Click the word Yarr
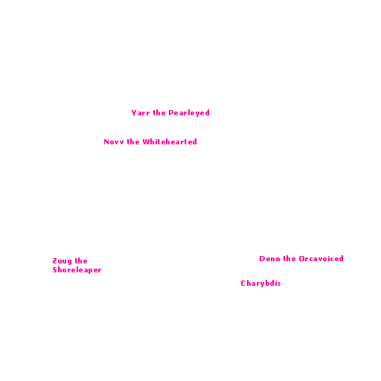(x=141, y=113)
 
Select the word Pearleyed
(x=189, y=113)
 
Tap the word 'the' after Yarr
(x=159, y=113)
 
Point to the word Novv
(x=114, y=142)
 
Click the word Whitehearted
(x=170, y=142)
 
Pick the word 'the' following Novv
(x=133, y=142)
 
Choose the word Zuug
(x=62, y=261)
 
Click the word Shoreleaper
(x=77, y=270)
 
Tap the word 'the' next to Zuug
(x=81, y=261)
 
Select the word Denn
(x=269, y=259)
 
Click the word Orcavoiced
(x=321, y=259)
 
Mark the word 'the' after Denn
(x=289, y=259)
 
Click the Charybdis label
(x=260, y=284)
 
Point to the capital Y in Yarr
(x=134, y=113)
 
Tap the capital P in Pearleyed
(x=171, y=113)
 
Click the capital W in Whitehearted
(x=146, y=142)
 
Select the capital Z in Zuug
(x=54, y=261)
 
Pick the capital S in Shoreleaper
(x=54, y=269)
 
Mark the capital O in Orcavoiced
(x=301, y=259)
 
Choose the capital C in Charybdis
(x=243, y=283)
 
